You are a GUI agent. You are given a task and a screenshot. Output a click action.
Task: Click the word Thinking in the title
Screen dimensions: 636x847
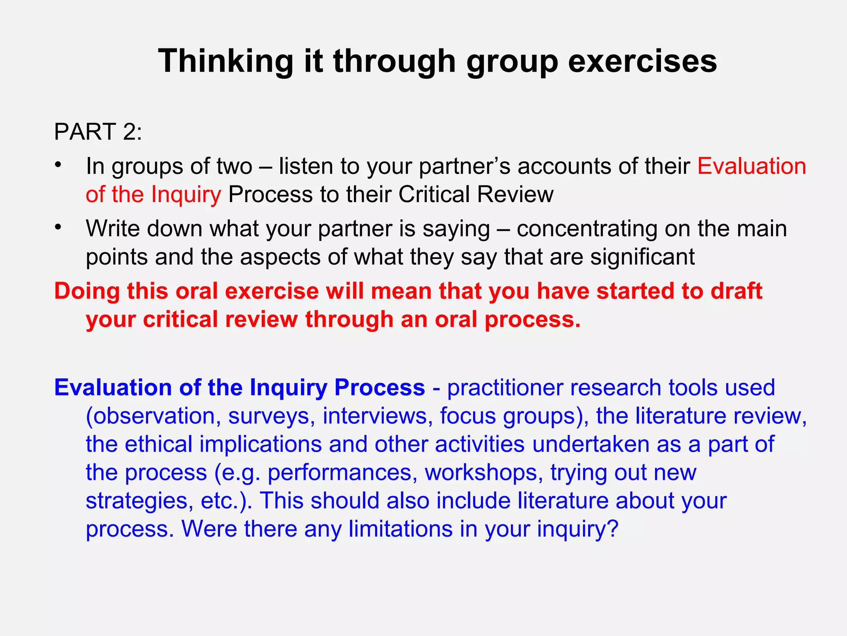(225, 61)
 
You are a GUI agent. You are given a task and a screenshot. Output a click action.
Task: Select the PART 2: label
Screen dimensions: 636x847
(98, 132)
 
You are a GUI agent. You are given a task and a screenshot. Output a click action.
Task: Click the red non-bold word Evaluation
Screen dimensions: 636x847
(751, 166)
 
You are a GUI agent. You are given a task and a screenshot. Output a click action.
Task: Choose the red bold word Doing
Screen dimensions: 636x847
(87, 291)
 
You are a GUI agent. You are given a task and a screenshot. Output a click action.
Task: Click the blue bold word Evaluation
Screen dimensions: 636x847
(113, 388)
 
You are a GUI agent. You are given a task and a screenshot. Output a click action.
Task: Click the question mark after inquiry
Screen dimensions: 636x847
(613, 529)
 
